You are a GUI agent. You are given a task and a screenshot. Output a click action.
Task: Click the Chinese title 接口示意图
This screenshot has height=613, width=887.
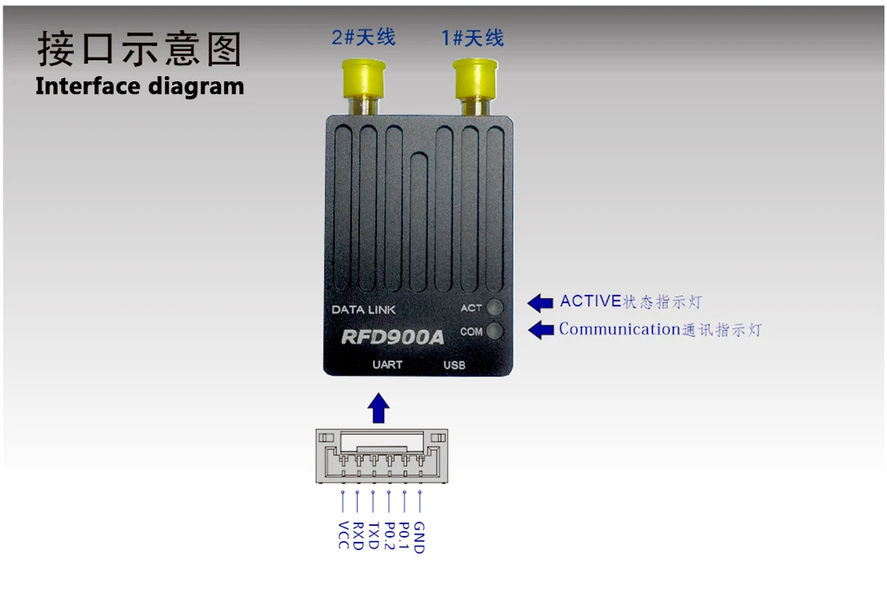pos(140,50)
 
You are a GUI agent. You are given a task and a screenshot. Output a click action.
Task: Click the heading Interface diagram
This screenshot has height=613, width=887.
pos(140,86)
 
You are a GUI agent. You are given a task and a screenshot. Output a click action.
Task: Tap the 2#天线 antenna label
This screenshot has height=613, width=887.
pos(364,37)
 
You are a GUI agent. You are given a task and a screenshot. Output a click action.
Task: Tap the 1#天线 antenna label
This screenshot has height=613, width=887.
pos(473,37)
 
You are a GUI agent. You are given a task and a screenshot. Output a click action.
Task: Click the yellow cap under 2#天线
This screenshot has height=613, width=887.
pos(364,78)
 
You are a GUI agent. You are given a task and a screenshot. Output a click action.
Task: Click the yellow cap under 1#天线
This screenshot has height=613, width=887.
pos(474,78)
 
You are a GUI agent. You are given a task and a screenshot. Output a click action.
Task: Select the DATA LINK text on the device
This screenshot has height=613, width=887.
pos(364,310)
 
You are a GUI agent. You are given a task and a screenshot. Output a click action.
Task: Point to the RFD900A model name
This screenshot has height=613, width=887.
pos(392,337)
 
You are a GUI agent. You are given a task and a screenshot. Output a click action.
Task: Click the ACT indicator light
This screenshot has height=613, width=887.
pos(495,308)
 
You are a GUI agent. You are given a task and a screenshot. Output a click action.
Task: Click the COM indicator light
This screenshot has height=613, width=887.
pos(495,331)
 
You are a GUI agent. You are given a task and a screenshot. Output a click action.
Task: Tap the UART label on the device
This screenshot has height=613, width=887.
pos(387,365)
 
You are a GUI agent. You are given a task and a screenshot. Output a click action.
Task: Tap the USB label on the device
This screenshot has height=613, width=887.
pos(454,365)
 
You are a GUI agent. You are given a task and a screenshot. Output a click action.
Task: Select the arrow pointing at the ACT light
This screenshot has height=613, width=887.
pos(540,302)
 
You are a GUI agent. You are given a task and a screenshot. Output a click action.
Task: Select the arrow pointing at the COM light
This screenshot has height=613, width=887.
pos(540,330)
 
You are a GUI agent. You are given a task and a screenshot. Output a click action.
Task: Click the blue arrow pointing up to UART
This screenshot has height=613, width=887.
pos(379,408)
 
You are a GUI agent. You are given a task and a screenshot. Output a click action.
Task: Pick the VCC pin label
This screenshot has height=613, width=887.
pos(343,535)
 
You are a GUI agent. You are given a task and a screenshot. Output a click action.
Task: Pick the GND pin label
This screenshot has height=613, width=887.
pos(419,537)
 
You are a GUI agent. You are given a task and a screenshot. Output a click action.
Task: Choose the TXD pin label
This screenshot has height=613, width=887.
pos(373,535)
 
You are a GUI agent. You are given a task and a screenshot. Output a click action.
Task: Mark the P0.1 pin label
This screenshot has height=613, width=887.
pos(404,535)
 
